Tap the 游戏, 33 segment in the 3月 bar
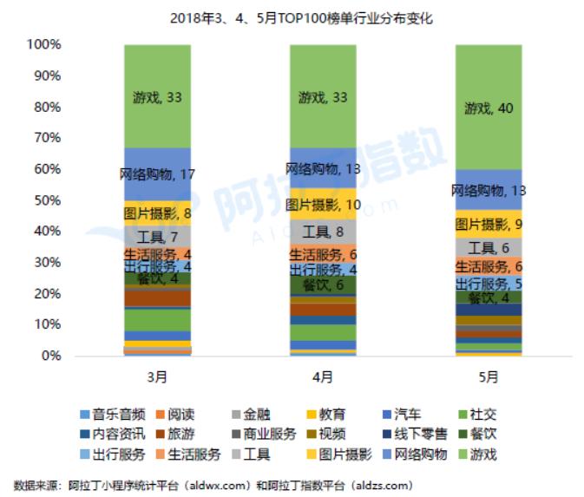click(157, 96)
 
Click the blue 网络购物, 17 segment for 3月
click(157, 174)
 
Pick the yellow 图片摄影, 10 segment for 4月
click(322, 205)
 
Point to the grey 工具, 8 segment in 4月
click(322, 232)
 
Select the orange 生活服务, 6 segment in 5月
click(489, 267)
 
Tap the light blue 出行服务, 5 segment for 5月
click(489, 283)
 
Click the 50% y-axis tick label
click(47, 200)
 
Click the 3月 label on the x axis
click(157, 376)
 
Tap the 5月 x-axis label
click(489, 376)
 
